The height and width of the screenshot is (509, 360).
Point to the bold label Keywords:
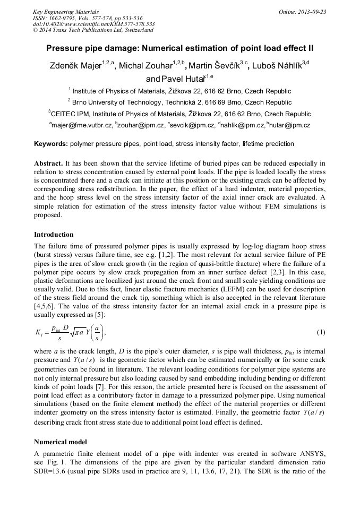click(51, 144)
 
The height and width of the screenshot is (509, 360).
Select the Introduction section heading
click(54, 235)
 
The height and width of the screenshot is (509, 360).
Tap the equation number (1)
click(321, 332)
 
